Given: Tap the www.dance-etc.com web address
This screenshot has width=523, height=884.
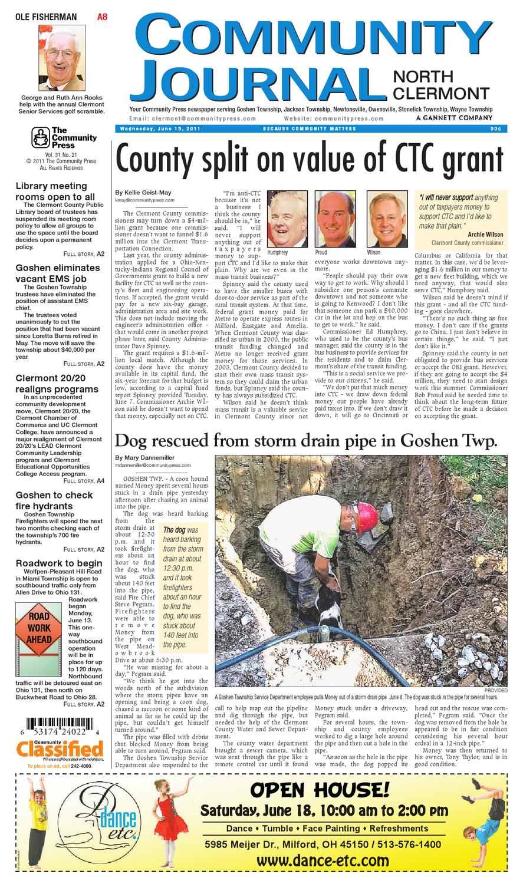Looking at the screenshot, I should [x=323, y=860].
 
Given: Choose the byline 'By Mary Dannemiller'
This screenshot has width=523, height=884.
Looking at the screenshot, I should [x=145, y=457].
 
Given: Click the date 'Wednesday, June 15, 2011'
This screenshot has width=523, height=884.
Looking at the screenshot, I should [x=152, y=128].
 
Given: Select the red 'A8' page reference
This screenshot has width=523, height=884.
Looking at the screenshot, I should [x=102, y=18].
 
